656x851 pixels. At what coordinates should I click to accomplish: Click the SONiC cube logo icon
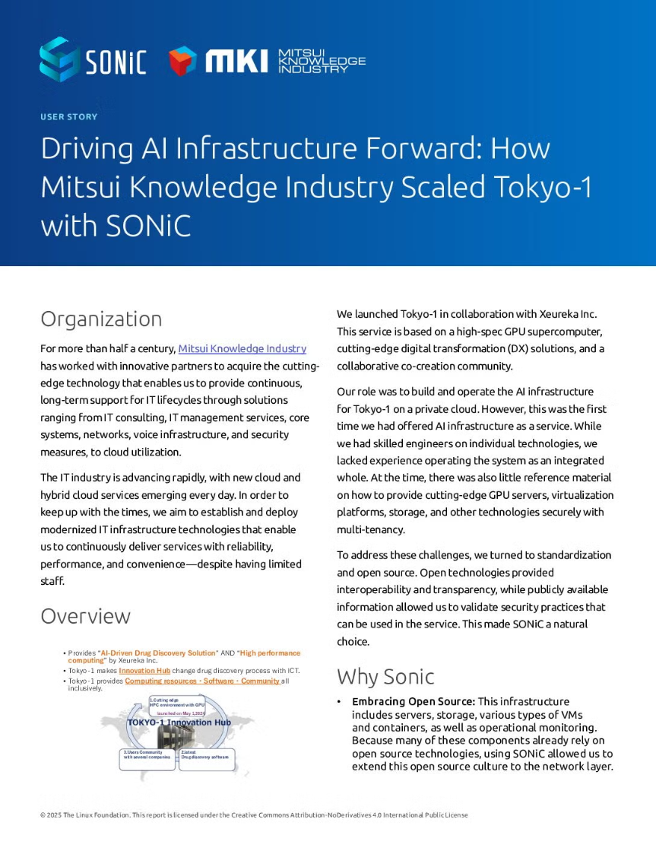tap(59, 59)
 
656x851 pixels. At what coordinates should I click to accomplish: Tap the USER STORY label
tap(68, 117)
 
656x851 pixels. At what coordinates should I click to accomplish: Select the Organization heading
tap(101, 319)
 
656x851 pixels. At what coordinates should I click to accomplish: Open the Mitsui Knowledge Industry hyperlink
tap(242, 348)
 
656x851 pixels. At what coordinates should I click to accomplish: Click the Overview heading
tap(85, 615)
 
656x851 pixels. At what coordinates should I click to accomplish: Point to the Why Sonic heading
tap(385, 676)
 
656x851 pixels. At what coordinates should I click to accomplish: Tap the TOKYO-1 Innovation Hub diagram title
tap(179, 722)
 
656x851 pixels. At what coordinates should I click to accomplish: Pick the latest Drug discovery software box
tap(206, 755)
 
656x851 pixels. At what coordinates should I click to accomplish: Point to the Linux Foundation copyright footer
tap(253, 815)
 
